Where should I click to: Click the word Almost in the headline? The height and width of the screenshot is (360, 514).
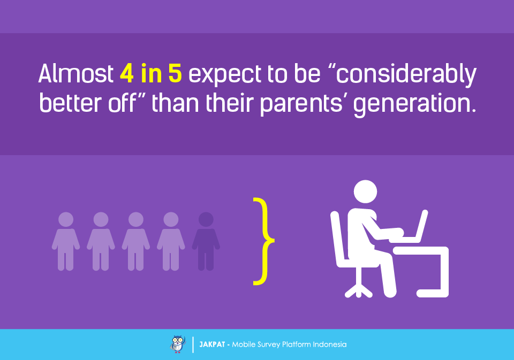[x=75, y=73]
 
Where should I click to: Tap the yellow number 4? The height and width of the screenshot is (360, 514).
[x=126, y=73]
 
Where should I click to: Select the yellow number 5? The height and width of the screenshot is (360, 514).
[x=175, y=73]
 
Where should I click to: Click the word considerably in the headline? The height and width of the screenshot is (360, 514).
[x=406, y=75]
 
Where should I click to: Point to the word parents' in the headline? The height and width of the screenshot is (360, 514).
[x=301, y=104]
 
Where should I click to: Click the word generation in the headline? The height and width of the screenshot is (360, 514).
[x=414, y=104]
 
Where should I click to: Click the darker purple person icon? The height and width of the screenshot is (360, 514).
[x=206, y=241]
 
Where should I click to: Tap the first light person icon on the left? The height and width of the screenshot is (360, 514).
[x=66, y=241]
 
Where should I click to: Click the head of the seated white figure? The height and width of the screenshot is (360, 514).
[x=366, y=192]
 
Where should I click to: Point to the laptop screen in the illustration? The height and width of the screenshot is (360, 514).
[x=421, y=226]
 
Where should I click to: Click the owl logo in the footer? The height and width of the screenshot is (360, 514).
[x=178, y=344]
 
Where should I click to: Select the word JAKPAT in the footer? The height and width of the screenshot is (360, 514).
[x=212, y=344]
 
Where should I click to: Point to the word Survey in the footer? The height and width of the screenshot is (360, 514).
[x=268, y=345]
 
